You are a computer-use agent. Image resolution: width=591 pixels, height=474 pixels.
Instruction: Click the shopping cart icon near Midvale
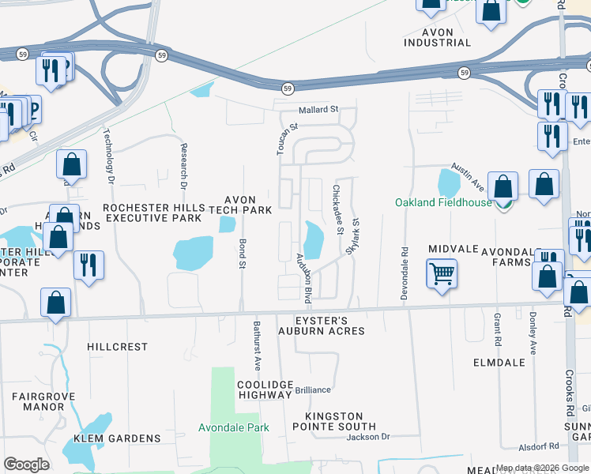(x=442, y=274)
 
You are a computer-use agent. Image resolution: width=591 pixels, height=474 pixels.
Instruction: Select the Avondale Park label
(x=233, y=428)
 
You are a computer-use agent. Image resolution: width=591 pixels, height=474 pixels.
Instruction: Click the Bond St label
(x=243, y=252)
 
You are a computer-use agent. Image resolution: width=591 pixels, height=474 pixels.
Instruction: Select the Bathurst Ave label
(x=257, y=346)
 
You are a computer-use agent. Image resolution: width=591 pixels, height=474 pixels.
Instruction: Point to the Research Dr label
(x=183, y=166)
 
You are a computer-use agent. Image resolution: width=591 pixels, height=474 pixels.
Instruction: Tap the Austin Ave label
(x=467, y=175)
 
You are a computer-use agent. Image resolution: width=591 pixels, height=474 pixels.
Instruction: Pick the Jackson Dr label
(x=368, y=436)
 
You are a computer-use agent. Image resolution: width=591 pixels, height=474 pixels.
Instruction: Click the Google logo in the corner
(x=26, y=464)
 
